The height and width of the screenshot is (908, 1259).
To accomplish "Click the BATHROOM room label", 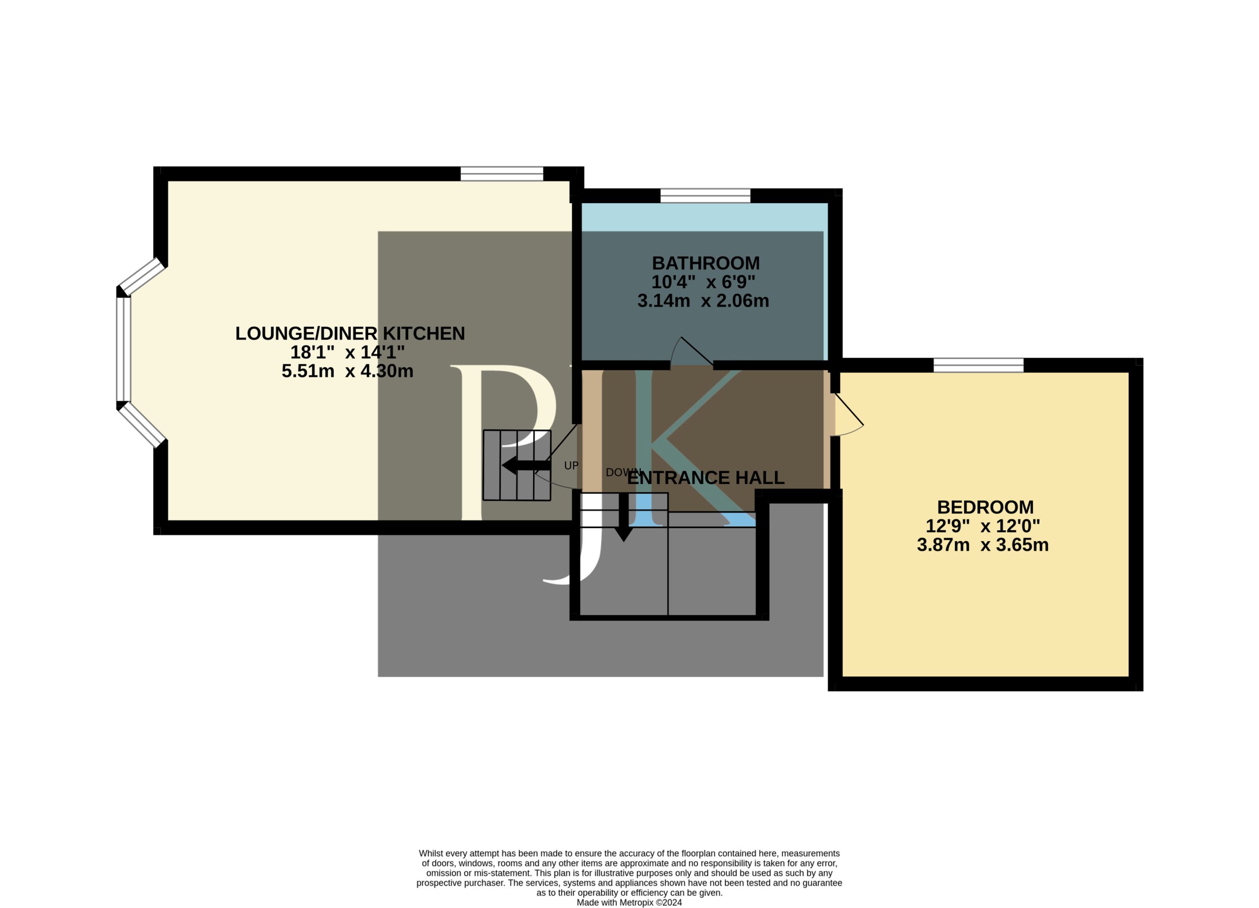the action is [705, 263].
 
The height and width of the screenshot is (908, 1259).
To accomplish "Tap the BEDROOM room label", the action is [986, 507].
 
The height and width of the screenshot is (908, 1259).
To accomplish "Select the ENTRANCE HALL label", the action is [706, 478].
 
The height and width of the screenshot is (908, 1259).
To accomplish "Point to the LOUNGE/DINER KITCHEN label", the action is [350, 333].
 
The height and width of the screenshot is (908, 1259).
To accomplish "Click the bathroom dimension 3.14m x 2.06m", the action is [703, 301].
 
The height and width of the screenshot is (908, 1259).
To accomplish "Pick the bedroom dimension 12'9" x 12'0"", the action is [983, 526].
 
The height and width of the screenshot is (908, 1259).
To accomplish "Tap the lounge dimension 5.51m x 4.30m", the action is [348, 371].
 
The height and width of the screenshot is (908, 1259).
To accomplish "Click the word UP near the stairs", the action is [571, 465].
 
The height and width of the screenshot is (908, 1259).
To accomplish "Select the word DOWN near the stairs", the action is [623, 473].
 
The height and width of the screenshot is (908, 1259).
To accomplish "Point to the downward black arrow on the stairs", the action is [624, 517].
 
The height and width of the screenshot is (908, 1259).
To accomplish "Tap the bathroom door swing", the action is [690, 351].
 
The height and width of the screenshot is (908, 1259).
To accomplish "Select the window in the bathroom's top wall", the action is [705, 195].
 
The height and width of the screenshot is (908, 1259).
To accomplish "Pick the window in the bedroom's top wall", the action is [979, 365].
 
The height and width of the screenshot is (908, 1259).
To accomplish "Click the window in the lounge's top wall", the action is [502, 174].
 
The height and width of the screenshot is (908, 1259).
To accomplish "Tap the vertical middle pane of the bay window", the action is [123, 349].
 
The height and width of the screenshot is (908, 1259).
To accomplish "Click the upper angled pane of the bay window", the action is [142, 276].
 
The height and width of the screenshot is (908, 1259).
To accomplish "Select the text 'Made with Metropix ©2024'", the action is [629, 903].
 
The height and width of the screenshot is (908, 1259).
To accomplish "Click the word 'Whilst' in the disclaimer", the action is [431, 853].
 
